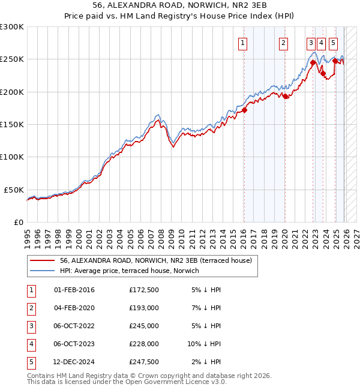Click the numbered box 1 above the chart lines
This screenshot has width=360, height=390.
[243, 43]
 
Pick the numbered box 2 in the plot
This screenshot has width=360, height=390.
[283, 43]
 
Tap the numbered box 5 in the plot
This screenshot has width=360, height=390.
[333, 43]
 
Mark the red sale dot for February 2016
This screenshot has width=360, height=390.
[244, 110]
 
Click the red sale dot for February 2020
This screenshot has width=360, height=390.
[285, 97]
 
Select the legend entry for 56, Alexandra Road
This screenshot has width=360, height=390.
[159, 260]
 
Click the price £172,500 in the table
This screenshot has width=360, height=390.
[143, 290]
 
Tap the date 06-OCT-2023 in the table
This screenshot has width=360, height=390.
[74, 344]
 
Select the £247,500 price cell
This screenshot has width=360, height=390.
[143, 362]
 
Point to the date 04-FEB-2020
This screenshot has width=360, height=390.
[74, 308]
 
